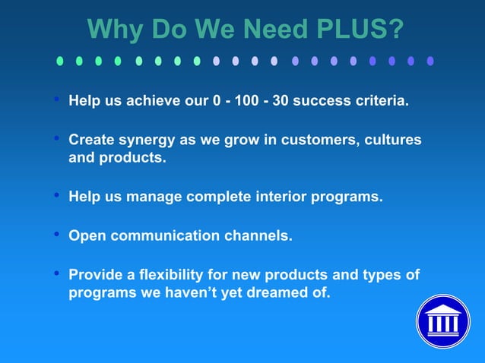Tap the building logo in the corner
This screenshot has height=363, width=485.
coord(442,321)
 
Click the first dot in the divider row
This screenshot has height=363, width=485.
coord(59,61)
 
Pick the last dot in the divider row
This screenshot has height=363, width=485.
coord(430,61)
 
